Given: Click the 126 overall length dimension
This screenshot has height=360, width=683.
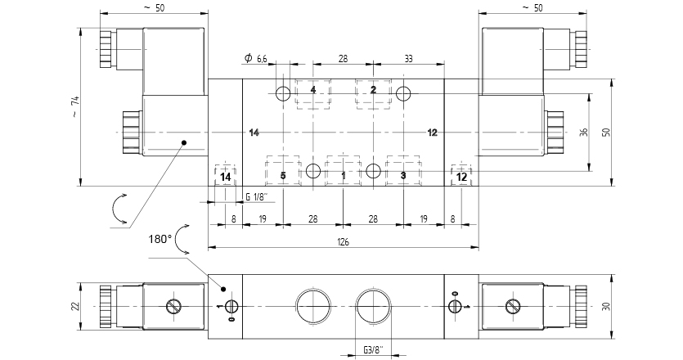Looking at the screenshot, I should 343,240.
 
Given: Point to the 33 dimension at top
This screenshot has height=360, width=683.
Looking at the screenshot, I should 409,58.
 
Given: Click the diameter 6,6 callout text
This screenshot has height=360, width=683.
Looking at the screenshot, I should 256,58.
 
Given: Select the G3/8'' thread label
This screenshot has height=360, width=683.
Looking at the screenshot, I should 373,351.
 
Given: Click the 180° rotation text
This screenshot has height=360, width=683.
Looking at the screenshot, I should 160,239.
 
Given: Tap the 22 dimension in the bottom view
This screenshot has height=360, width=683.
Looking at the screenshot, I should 75,305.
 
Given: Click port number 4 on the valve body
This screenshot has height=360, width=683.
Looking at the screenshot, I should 313,90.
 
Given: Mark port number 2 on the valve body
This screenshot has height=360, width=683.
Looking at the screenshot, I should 373,90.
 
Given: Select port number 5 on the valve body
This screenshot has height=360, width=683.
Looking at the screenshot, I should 283,176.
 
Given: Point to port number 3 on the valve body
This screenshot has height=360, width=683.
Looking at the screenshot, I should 403,176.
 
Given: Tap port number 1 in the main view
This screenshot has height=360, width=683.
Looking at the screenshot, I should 344,176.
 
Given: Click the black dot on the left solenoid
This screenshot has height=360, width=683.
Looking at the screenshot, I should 184,142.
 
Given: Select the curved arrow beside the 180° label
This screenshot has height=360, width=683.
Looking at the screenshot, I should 182,238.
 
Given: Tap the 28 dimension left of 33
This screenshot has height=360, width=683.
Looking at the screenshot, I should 343,58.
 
